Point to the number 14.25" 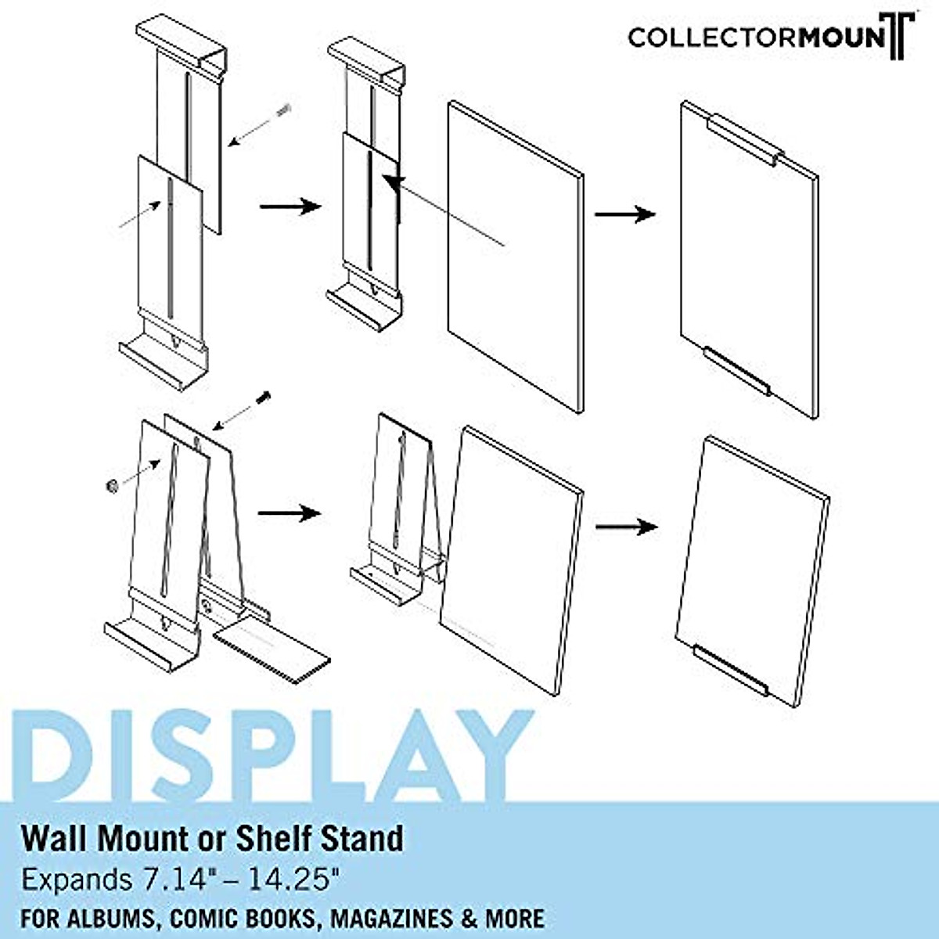coord(294,880)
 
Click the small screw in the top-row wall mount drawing coord(284,110)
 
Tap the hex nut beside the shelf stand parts coord(110,487)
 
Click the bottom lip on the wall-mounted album coord(736,371)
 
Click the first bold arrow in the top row coord(290,206)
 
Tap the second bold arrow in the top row coord(624,214)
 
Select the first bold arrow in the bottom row coord(290,513)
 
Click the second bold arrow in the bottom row coord(626,527)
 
